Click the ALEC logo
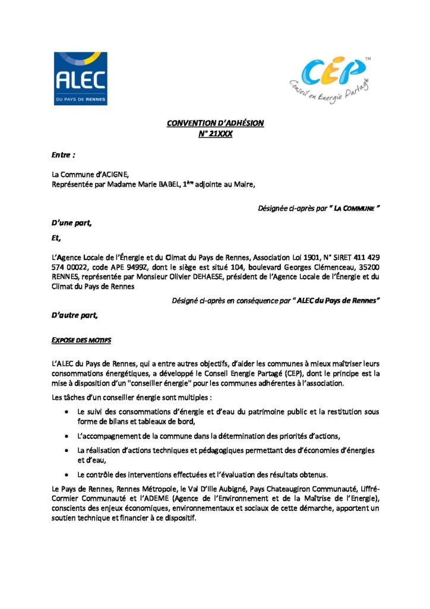[x=81, y=79]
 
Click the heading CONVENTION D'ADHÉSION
[x=215, y=123]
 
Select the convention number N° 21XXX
[x=215, y=134]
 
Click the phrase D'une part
[x=72, y=224]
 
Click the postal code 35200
[x=368, y=268]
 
